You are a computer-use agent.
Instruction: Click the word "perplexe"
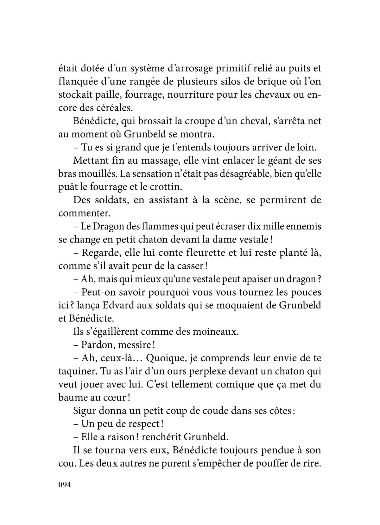click(x=193, y=372)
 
